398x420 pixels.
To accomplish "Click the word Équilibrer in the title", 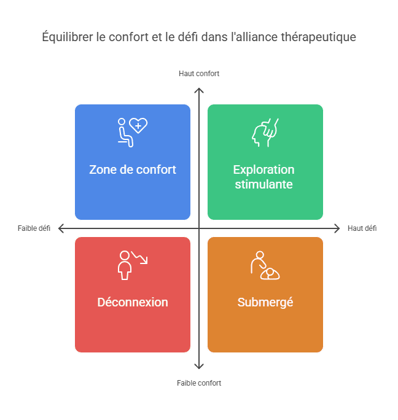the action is pos(68,37).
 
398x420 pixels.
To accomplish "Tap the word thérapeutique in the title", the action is pos(318,37).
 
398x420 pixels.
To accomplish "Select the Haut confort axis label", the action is pos(199,74).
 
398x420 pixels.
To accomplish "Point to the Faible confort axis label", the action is pos(199,383).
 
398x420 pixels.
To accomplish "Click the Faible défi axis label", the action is pos(34,228).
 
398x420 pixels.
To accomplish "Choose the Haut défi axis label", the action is pos(362,228).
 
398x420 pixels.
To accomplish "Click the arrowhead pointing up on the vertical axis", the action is pos(199,90).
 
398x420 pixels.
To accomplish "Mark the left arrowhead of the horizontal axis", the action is pos(60,228).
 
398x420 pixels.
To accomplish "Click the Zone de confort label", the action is pos(133,169).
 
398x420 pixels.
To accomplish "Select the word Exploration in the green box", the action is pos(263,169).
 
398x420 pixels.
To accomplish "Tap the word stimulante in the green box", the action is pos(263,184).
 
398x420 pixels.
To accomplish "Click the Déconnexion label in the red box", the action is pos(133,302).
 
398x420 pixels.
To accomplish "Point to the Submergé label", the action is pos(265,302).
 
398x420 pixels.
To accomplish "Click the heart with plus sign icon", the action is pos(138,125).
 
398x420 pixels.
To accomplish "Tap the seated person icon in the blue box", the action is pos(125,133).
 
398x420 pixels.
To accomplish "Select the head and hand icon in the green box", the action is pos(265,133).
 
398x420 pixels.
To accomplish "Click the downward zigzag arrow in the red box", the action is pos(139,257).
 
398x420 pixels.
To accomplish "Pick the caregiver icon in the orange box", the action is pos(265,265).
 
